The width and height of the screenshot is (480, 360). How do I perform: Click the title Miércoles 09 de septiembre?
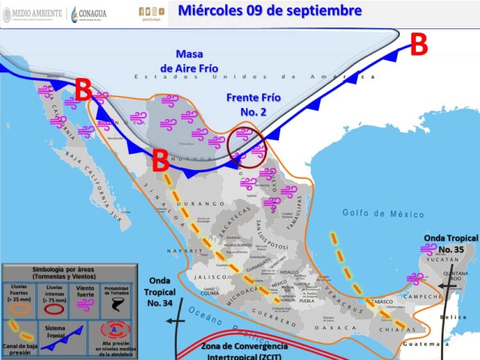click(x=269, y=11)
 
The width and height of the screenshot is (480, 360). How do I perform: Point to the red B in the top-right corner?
click(x=418, y=45)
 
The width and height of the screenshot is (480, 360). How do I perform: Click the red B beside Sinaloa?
click(x=160, y=160)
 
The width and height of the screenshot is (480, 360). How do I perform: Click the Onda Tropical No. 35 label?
click(x=450, y=243)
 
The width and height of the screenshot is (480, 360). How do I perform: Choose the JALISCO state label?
click(x=211, y=277)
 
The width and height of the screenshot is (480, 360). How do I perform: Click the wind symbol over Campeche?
click(x=416, y=278)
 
